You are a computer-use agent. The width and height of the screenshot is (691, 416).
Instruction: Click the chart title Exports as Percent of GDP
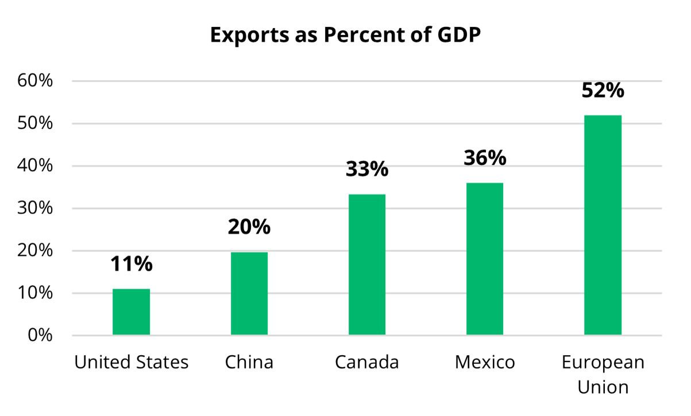tap(345, 35)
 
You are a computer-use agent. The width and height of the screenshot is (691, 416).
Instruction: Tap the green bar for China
tap(249, 293)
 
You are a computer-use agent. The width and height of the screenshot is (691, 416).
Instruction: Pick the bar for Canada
tap(367, 265)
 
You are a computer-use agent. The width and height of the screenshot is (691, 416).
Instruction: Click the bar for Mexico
tap(485, 259)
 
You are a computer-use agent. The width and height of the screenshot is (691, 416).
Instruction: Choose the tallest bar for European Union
tap(603, 225)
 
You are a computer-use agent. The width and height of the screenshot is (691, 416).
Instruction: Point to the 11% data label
tap(131, 264)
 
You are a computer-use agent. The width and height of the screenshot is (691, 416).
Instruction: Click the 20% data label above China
tap(249, 227)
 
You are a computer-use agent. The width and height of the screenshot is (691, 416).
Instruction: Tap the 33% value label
tap(367, 169)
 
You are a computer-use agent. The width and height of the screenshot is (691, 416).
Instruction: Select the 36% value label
tap(485, 158)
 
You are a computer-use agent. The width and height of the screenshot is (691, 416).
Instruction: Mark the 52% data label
tap(603, 91)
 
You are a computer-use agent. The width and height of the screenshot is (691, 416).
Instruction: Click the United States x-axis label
tap(132, 363)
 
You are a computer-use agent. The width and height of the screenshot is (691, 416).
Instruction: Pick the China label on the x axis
tap(249, 363)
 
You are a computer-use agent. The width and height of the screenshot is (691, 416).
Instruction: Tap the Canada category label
tap(367, 363)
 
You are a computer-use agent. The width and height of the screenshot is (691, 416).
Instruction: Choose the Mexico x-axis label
tap(485, 363)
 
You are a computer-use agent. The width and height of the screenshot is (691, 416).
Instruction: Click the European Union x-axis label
tap(603, 374)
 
